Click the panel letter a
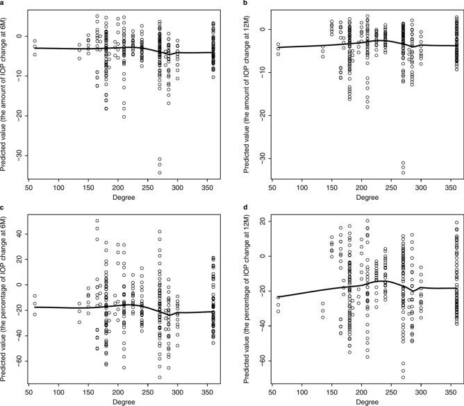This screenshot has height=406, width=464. [3, 3]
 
